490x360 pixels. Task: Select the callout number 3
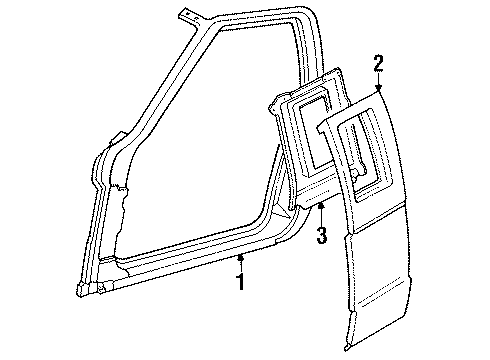319,235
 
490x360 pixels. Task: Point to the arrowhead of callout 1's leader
241,257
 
